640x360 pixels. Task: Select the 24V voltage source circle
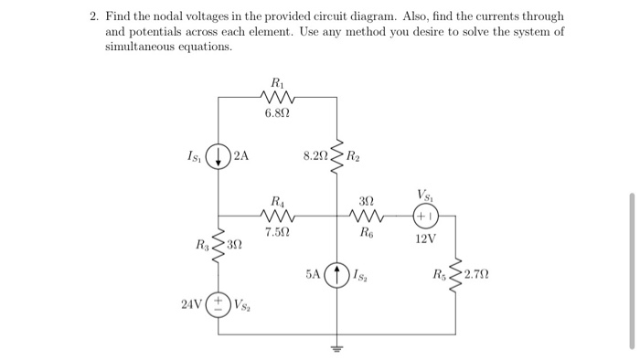(219, 303)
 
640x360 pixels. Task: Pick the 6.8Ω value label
(274, 113)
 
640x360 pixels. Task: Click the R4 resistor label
(276, 201)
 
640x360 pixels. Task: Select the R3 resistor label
(200, 245)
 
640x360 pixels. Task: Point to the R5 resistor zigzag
(455, 272)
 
